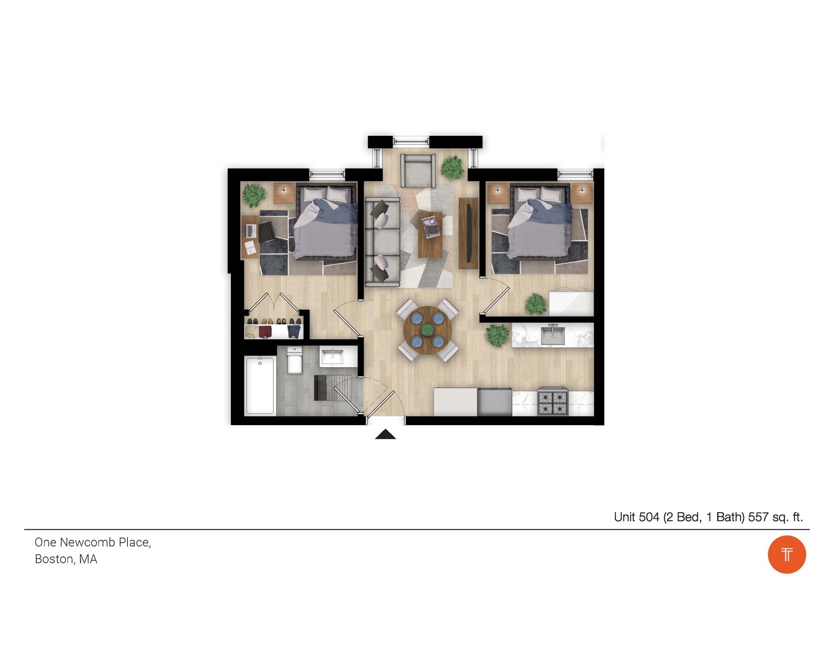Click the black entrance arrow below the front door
(x=385, y=435)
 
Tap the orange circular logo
(x=787, y=554)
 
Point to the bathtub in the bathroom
(x=260, y=385)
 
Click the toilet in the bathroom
(x=294, y=360)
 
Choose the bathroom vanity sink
(x=333, y=356)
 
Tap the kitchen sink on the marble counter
(x=553, y=335)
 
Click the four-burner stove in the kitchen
(x=553, y=402)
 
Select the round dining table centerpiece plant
(x=427, y=330)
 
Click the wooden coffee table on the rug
(x=430, y=234)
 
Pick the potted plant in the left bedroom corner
(x=254, y=195)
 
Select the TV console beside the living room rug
(x=468, y=233)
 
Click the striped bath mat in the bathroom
(x=332, y=388)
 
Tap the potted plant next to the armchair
(x=452, y=167)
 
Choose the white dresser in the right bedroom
(x=571, y=303)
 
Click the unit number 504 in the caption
(x=649, y=517)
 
